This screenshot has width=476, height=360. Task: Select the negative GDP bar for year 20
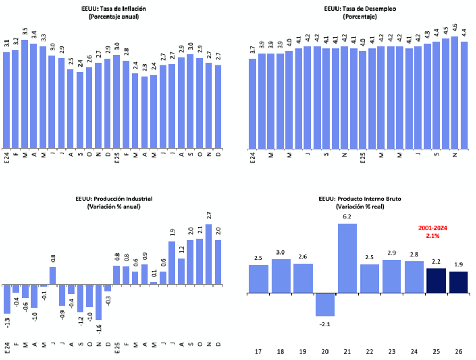325,305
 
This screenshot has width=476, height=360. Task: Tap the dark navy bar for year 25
436,281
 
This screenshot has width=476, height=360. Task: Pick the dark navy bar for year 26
458,282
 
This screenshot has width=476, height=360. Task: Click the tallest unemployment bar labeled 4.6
454,92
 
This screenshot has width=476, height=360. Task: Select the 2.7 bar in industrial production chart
208,252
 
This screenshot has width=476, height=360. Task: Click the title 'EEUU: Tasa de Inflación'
114,9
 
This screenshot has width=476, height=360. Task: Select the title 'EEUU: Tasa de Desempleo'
360,9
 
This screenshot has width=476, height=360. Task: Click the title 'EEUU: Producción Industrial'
113,199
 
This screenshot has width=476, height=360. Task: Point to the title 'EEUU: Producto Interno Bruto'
359,199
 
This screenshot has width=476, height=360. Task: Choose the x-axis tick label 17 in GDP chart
258,352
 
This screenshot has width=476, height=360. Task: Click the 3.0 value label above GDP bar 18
281,253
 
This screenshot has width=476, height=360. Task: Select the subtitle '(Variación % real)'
359,207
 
